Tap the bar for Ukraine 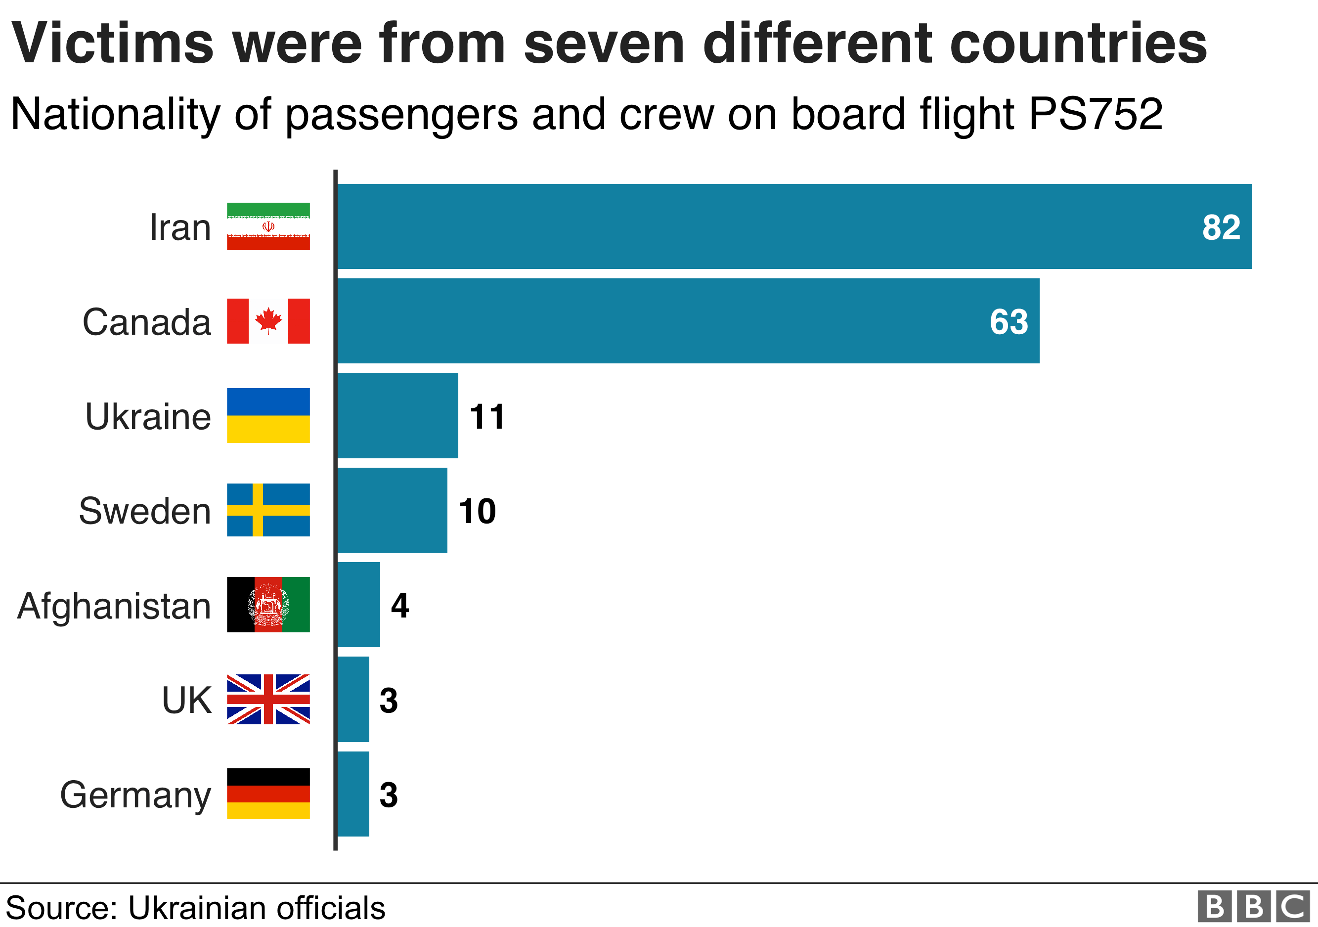click(x=397, y=416)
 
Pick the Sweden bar click(x=392, y=510)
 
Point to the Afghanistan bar click(x=358, y=605)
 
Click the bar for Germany click(x=353, y=794)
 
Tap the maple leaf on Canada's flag click(x=268, y=320)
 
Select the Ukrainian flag click(x=268, y=416)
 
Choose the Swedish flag click(x=268, y=510)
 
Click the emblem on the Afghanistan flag click(x=268, y=605)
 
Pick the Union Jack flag click(x=268, y=699)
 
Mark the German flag click(x=268, y=794)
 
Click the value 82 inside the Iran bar click(x=1221, y=227)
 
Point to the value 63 click(x=1009, y=322)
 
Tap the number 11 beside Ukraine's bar click(x=487, y=417)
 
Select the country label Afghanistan click(x=114, y=607)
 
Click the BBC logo click(x=1253, y=907)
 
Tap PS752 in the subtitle click(x=1095, y=114)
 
